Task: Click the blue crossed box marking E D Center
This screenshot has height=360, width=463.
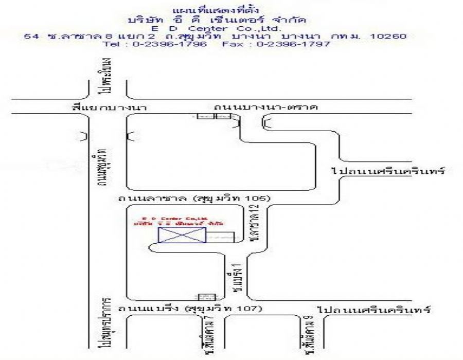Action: pos(182,235)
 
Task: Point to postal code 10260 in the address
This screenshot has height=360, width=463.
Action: pos(389,37)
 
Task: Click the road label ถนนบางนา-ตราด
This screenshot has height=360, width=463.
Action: pos(266,107)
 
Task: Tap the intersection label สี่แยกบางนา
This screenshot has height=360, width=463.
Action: pos(110,107)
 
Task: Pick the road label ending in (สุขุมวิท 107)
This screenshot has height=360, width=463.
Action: pos(190,309)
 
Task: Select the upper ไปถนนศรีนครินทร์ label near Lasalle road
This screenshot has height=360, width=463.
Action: pos(388,170)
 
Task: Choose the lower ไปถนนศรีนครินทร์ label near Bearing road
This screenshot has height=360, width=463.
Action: pos(373,310)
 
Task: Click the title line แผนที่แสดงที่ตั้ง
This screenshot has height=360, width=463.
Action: pos(216,10)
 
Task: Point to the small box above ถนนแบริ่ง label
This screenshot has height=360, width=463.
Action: pos(206,297)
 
